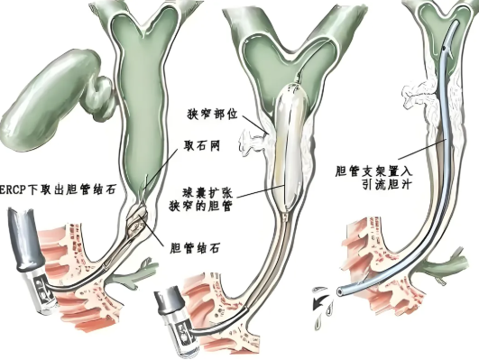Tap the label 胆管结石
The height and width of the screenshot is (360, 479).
[x=192, y=245]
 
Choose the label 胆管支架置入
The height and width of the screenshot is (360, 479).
[x=374, y=169]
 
